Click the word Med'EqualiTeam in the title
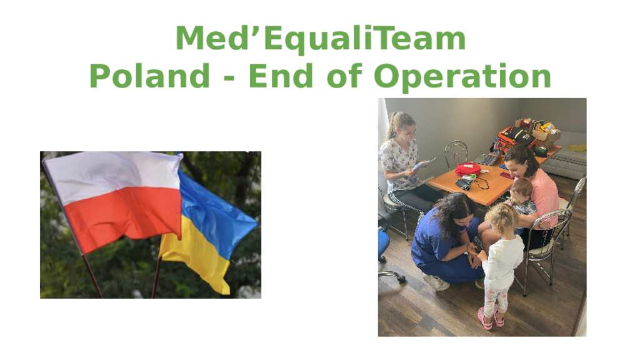pyautogui.click(x=321, y=38)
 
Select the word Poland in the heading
pyautogui.click(x=149, y=76)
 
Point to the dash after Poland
pyautogui.click(x=229, y=78)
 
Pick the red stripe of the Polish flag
pyautogui.click(x=122, y=216)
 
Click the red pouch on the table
pyautogui.click(x=468, y=169)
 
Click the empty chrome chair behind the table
pyautogui.click(x=456, y=154)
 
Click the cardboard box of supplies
pyautogui.click(x=539, y=130)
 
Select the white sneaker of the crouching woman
pyautogui.click(x=436, y=282)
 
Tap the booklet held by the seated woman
pyautogui.click(x=423, y=164)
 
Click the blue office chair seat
pyautogui.click(x=383, y=243)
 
